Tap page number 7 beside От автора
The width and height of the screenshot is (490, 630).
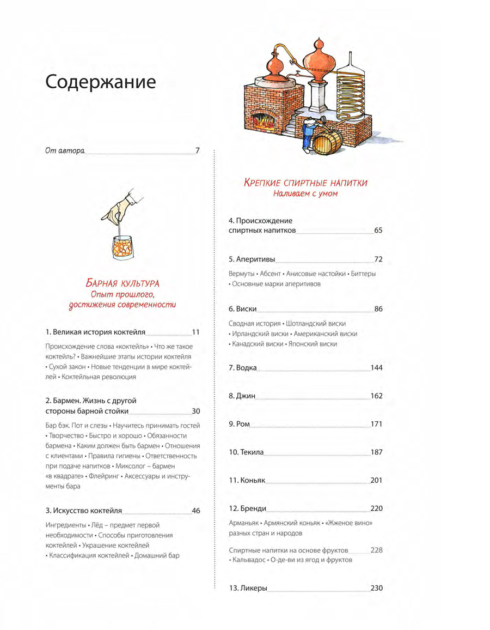pos(198,150)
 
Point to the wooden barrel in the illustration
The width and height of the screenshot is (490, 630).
pos(327,142)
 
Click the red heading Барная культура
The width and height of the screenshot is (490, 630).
pos(122,283)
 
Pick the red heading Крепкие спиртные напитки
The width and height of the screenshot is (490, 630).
pos(305,183)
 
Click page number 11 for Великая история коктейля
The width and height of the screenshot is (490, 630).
pos(196,332)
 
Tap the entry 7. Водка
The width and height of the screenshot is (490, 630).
pos(242,368)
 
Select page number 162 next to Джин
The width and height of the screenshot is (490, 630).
pos(376,396)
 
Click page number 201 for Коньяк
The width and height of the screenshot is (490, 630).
pos(376,481)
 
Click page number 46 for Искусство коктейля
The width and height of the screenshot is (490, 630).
pos(196,511)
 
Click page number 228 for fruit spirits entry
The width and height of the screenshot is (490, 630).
pos(376,550)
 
